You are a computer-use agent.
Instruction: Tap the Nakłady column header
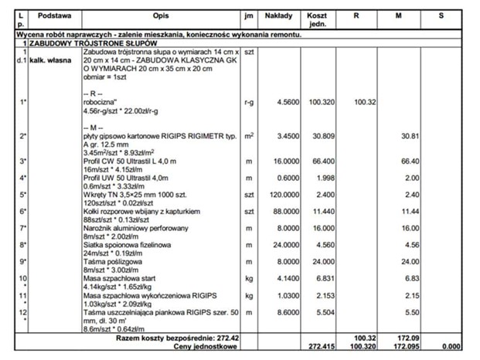coord(278,15)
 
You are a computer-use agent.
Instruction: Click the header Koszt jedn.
coord(316,19)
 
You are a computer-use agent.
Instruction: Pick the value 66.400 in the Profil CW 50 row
coord(319,161)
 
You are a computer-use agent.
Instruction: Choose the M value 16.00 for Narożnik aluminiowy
coord(410,228)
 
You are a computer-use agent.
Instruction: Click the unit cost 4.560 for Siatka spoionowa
coord(319,245)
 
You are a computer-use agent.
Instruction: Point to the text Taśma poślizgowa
coord(111,262)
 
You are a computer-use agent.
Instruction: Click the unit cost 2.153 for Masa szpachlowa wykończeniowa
coord(319,295)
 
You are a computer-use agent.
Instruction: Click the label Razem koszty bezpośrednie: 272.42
coord(166,338)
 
